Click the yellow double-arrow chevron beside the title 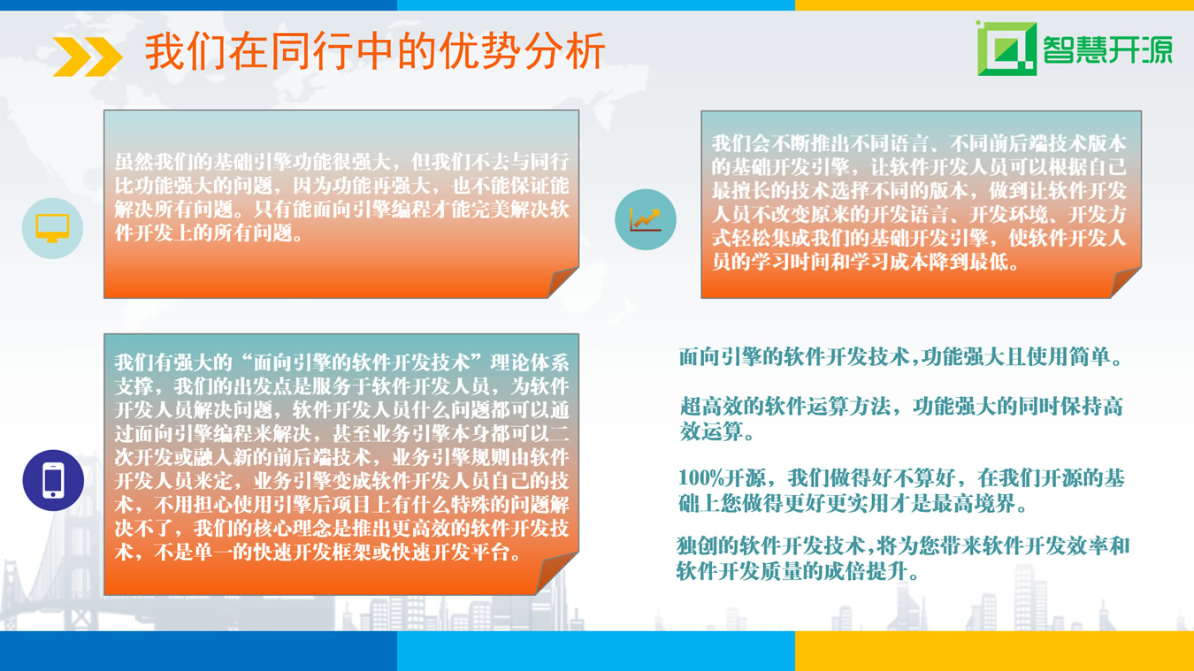[88, 57]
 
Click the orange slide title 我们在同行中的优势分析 [375, 51]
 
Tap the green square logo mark [1006, 49]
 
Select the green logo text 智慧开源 [1107, 50]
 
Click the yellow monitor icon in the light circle [52, 228]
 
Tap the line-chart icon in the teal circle [646, 219]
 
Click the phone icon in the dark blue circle [53, 480]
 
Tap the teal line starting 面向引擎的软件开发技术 [900, 357]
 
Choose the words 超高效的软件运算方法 [785, 407]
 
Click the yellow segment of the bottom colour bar [994, 651]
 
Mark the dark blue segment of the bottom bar [198, 651]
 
